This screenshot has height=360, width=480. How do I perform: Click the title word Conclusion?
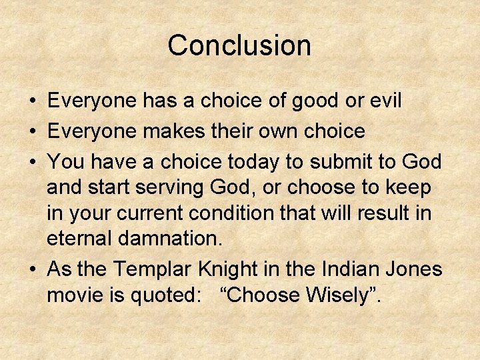(239, 45)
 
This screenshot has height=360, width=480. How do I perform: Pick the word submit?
(340, 161)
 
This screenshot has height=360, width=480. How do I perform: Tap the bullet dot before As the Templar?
(33, 270)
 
